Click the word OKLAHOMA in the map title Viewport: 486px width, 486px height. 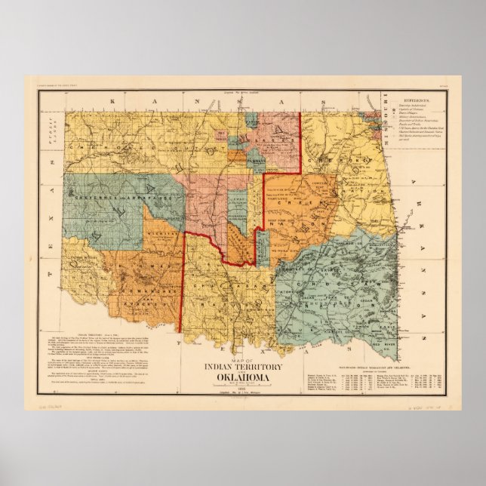(x=244, y=377)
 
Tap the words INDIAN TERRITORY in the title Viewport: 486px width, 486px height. (x=244, y=367)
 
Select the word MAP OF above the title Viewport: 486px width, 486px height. (x=243, y=358)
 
